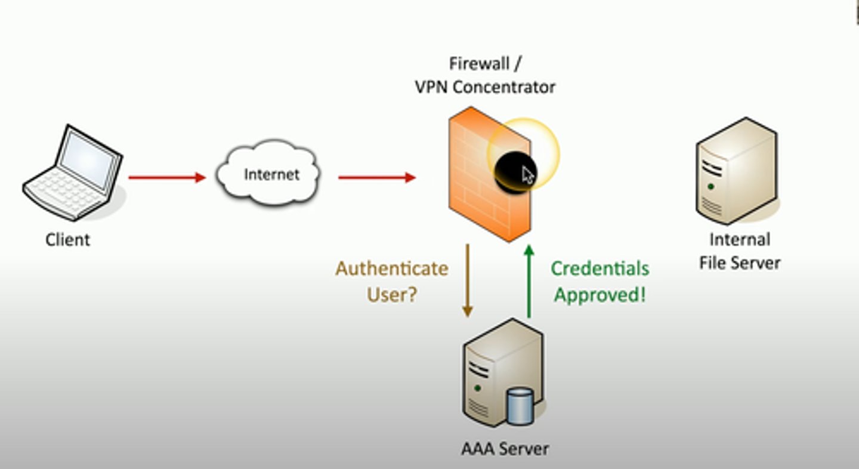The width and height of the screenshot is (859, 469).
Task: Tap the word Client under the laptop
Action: (x=67, y=240)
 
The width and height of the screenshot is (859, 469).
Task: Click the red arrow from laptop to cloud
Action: (x=166, y=177)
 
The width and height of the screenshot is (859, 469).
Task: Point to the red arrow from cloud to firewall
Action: (x=376, y=177)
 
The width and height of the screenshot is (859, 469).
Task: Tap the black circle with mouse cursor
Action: (x=514, y=171)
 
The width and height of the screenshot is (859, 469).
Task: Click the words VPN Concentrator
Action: (x=484, y=87)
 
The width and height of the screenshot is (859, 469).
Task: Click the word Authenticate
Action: (x=391, y=269)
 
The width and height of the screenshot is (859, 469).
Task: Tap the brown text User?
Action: (x=391, y=294)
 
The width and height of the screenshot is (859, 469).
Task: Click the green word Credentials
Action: (x=600, y=269)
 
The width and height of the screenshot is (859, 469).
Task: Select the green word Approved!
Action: (x=600, y=295)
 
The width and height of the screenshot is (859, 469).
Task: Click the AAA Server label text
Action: (x=505, y=448)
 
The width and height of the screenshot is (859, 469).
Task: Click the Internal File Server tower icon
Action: (x=737, y=171)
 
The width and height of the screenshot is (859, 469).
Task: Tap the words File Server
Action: (x=739, y=263)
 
